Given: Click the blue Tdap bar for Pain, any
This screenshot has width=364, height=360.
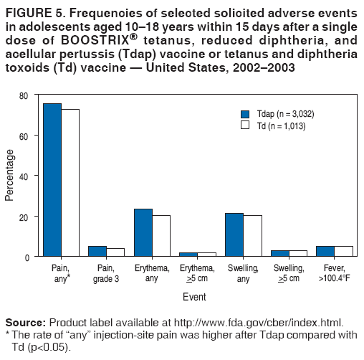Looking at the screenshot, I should pos(52,180).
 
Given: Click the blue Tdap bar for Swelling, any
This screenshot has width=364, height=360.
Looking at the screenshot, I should pos(234,235).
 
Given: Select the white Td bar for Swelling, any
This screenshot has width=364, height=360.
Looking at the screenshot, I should pos(252,236).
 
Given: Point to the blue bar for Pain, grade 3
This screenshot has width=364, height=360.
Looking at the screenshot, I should pos(97,251).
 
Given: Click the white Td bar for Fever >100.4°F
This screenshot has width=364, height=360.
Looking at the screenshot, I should pos(343,251).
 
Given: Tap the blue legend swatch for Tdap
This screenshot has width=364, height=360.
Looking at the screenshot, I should pos(244,114).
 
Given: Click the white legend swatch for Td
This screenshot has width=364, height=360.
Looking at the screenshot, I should pos(244,125).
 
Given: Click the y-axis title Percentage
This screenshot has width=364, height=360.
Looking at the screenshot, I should pos(9,176).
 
